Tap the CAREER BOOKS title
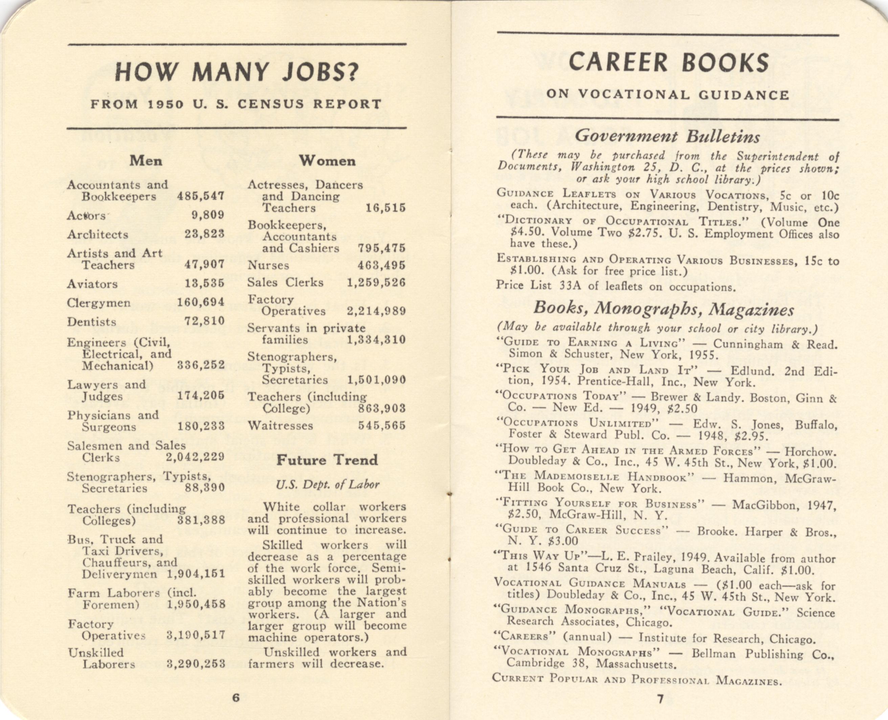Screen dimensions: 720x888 (669, 63)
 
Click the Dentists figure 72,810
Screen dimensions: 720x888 (204, 321)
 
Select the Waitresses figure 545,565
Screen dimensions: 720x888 (382, 426)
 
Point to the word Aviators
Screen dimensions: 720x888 (92, 284)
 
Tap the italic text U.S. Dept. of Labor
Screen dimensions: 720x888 (327, 485)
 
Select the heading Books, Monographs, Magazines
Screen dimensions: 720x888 (664, 309)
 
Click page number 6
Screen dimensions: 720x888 (236, 698)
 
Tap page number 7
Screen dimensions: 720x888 (660, 699)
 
